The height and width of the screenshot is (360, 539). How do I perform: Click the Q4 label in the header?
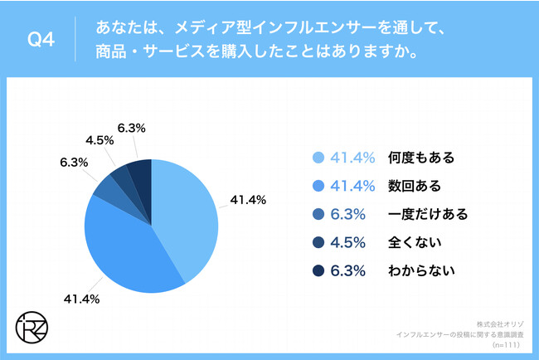(41, 40)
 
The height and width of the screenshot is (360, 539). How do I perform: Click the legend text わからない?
(422, 270)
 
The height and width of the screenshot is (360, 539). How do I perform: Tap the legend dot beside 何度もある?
(318, 157)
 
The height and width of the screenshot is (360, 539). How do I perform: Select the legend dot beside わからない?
(318, 270)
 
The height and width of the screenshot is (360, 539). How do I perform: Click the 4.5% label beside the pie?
(99, 140)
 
